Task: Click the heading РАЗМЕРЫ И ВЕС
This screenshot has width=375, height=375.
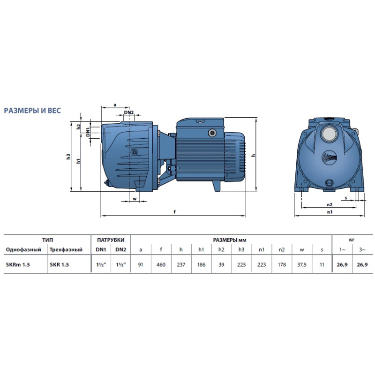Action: (x=32, y=111)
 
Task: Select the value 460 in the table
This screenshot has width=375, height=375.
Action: (x=161, y=264)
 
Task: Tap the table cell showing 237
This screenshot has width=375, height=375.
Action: (x=181, y=264)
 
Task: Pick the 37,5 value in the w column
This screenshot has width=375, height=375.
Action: (x=302, y=264)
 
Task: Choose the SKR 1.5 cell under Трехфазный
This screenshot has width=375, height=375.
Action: (x=59, y=264)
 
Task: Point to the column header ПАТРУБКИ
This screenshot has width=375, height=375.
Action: (x=111, y=240)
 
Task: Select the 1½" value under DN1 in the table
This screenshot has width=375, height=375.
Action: (x=101, y=264)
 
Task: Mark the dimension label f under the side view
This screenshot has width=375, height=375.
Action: (x=174, y=212)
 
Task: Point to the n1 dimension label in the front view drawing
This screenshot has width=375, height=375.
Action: (x=329, y=212)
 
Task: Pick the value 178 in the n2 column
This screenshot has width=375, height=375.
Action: (x=282, y=264)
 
